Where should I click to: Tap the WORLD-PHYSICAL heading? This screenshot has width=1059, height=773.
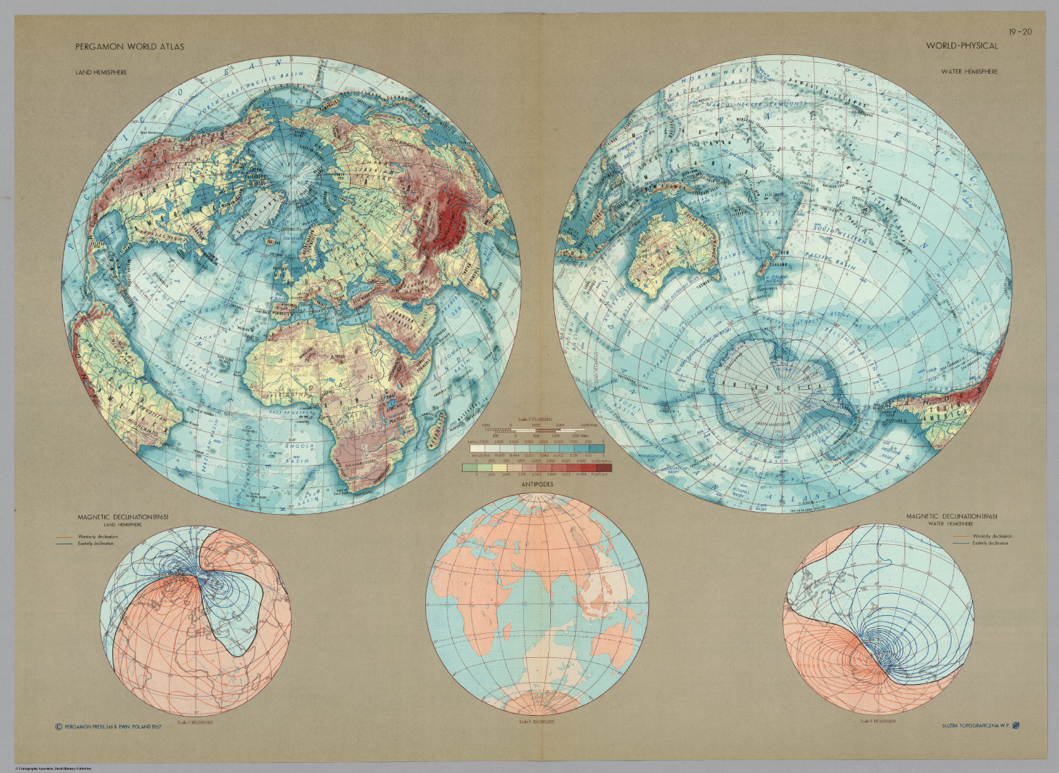962,46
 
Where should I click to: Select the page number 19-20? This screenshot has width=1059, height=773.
1019,31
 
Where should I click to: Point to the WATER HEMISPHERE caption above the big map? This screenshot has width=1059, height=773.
970,72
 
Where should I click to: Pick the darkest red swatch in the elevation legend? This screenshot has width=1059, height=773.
603,468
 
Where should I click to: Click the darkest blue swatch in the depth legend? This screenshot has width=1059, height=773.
597,449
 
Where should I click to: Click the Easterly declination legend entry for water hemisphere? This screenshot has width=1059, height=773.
989,544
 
